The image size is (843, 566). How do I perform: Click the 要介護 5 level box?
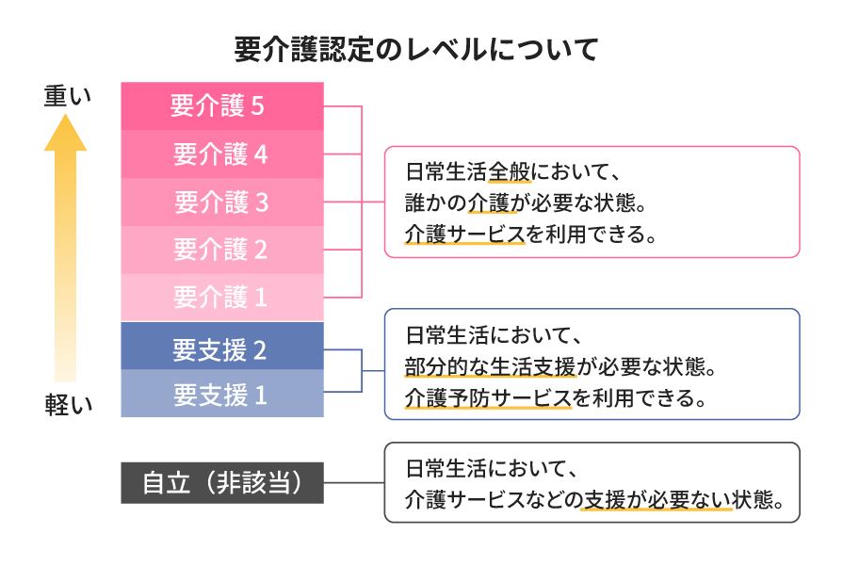coord(222,106)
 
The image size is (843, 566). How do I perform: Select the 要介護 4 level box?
coord(222,154)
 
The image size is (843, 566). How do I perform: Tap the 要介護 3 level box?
coord(222,202)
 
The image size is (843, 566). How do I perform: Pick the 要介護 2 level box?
coord(222,251)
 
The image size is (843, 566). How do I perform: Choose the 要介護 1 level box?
coord(222,298)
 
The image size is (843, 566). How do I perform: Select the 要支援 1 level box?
coord(222,394)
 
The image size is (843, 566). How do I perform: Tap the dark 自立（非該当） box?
coord(222,483)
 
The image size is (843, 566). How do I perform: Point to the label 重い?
coord(67,97)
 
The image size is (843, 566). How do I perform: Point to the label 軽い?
coord(68,405)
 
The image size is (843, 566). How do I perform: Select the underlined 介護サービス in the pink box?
coord(464,234)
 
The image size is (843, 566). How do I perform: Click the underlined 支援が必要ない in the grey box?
coord(657,499)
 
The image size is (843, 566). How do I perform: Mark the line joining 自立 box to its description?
coord(353,483)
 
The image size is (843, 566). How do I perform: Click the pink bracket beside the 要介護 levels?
coord(362,201)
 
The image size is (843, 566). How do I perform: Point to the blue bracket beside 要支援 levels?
coord(362,370)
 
